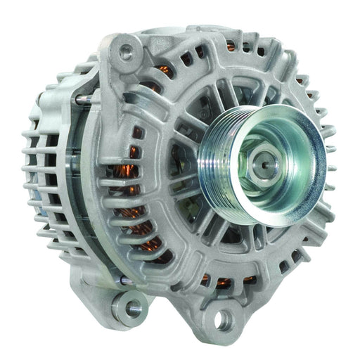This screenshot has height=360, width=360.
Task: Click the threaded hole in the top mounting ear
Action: [x=127, y=50]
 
